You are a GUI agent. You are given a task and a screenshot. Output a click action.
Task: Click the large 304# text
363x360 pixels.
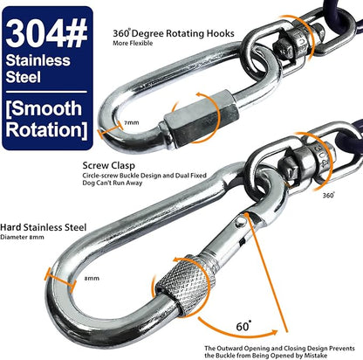pos(46,33)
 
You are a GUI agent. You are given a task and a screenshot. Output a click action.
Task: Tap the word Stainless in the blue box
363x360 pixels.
pos(38,60)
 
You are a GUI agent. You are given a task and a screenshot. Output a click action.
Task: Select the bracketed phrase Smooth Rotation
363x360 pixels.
pos(46,120)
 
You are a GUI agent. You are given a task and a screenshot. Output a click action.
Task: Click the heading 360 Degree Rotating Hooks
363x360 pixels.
pos(174,33)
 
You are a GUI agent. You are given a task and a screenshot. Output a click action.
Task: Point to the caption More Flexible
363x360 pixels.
pos(133,43)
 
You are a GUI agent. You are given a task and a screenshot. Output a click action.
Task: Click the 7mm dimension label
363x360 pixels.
pos(132,122)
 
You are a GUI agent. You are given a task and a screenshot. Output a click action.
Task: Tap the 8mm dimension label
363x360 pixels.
pos(92,279)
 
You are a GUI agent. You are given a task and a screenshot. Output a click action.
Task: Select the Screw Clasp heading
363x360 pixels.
pos(109,165)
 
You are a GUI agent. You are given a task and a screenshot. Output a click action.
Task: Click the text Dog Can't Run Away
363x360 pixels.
pos(113,183)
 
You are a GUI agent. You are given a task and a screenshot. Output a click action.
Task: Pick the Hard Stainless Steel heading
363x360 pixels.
pos(44,227)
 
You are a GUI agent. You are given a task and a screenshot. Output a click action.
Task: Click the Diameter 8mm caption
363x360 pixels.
pos(22,237)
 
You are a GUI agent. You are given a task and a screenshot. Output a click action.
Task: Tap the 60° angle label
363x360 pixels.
pos(243,326)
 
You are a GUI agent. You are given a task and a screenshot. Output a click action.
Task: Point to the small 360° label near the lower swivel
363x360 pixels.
pos(328,195)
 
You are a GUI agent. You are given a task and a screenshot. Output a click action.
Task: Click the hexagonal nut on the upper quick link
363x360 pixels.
pos(201,120)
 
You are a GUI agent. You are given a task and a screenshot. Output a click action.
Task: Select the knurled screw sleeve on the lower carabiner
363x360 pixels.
pos(186,286)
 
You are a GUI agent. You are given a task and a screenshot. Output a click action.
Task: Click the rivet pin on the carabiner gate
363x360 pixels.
pos(241,222)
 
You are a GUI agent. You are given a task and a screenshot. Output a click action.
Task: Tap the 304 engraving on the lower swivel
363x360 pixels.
pos(321,160)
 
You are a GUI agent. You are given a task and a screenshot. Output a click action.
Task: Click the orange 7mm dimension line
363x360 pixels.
pos(110,130)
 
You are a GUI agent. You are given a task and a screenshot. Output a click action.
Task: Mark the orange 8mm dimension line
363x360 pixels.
pos(60,280)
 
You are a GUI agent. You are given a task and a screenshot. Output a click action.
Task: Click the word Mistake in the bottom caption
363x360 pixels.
pos(316,356)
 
